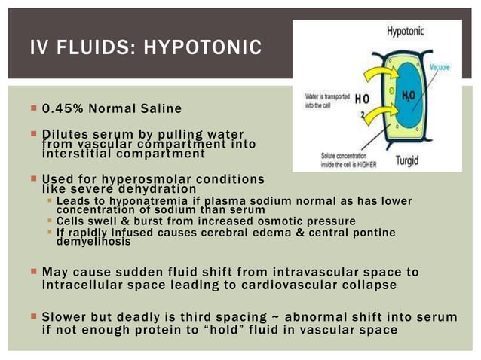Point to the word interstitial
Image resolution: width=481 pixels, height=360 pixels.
coord(76,153)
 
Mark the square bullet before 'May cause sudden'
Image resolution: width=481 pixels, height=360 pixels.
coord(34,271)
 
